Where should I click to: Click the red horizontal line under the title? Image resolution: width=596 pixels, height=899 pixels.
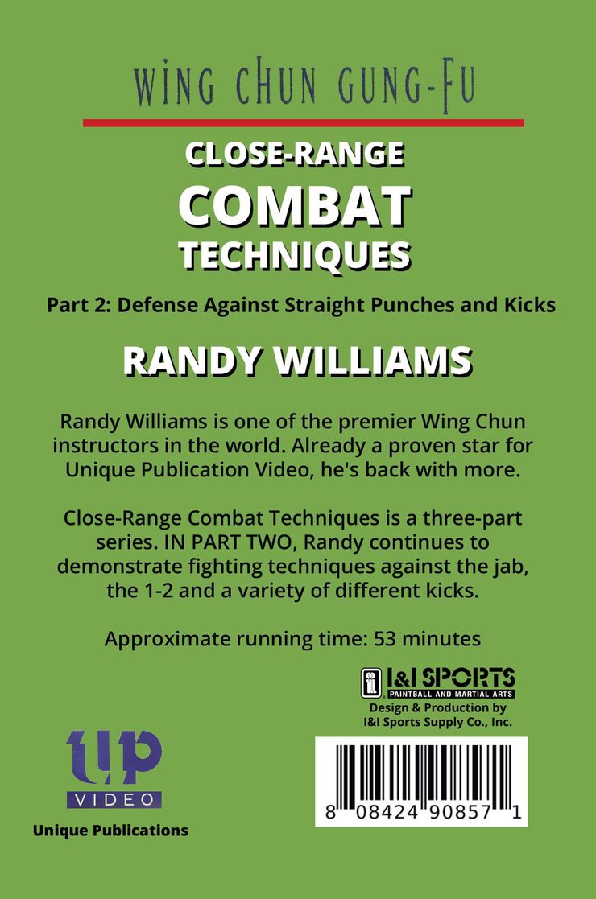click(304, 122)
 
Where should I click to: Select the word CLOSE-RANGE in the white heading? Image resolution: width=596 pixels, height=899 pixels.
click(295, 155)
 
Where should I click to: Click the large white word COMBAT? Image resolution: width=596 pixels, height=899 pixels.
click(296, 206)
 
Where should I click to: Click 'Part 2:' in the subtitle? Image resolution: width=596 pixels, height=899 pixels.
click(80, 305)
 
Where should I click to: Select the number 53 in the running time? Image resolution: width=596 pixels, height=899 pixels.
click(384, 639)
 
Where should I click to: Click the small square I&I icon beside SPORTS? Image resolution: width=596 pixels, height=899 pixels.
click(371, 682)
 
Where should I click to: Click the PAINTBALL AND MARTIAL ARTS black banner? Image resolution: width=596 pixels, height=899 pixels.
click(450, 695)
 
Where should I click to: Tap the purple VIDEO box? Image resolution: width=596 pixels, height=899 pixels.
click(114, 800)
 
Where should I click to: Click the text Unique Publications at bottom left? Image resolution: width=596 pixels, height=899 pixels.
click(110, 831)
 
